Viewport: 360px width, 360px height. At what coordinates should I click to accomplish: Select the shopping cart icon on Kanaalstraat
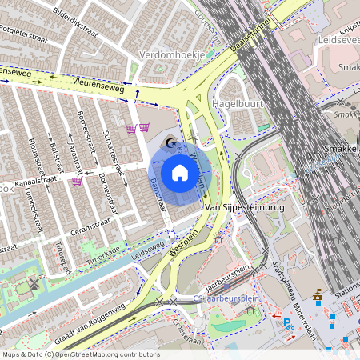click(x=77, y=182)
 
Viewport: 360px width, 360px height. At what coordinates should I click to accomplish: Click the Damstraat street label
click(x=157, y=194)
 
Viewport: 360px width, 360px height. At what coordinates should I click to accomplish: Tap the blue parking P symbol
click(x=287, y=322)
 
